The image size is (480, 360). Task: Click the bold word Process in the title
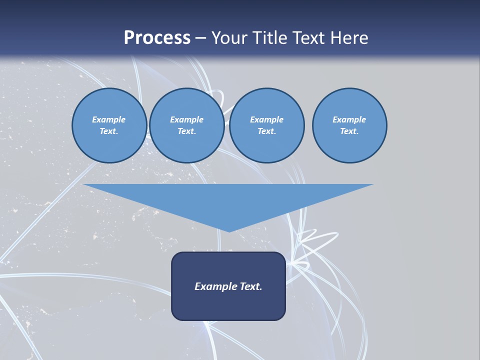click(157, 38)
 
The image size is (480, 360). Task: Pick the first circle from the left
click(109, 125)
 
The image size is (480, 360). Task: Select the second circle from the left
click(186, 125)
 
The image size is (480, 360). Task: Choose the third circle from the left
click(266, 125)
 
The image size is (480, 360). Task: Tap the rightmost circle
click(349, 125)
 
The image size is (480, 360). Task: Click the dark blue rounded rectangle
click(228, 305)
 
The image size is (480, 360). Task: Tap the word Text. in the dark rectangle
click(250, 286)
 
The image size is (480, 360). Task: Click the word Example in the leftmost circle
click(109, 119)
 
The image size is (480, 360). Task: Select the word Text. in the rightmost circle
click(349, 131)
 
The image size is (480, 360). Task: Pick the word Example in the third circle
click(266, 119)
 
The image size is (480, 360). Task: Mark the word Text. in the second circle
click(186, 131)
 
